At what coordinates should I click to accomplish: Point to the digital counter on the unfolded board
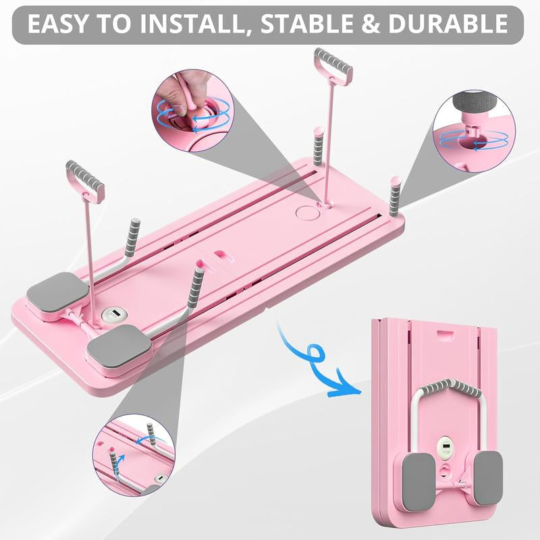coord(112,315)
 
